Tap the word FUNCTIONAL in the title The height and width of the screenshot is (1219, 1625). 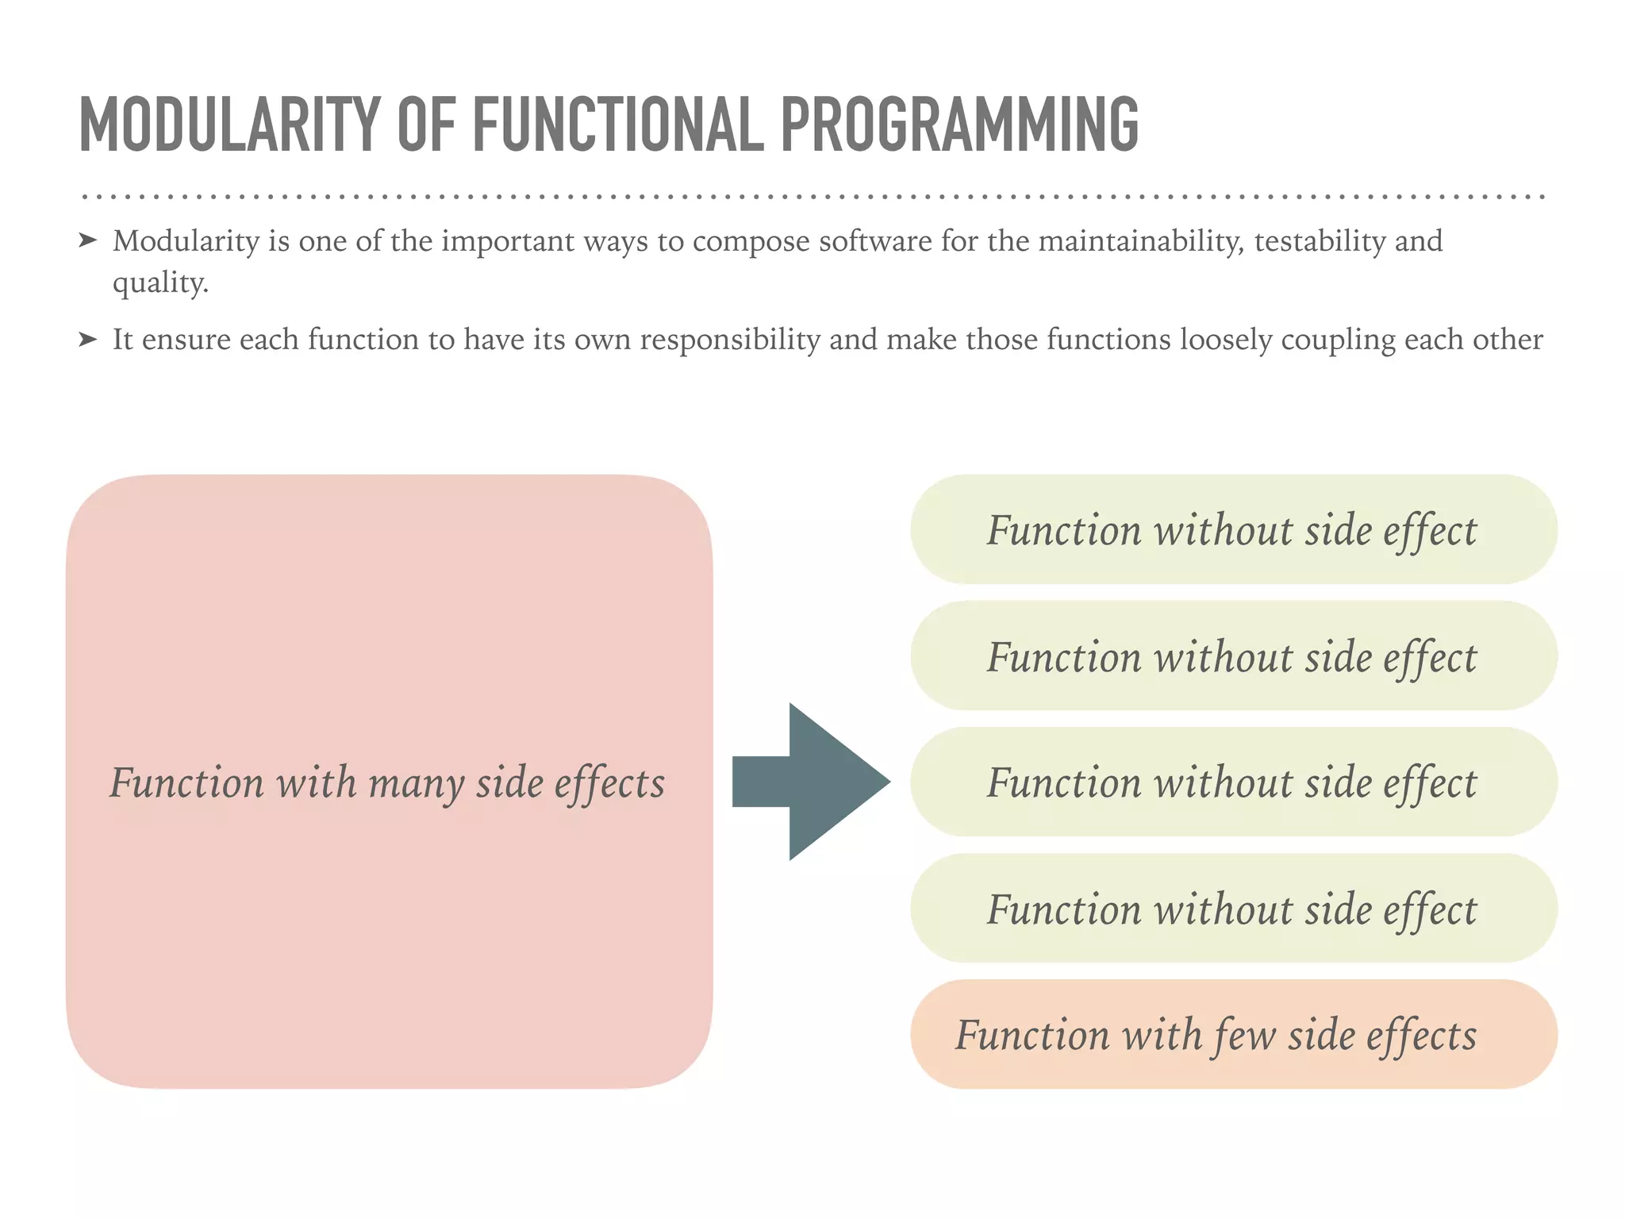pyautogui.click(x=618, y=125)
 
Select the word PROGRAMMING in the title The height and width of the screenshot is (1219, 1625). pyautogui.click(x=959, y=125)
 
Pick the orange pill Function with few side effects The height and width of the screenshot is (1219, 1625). pyautogui.click(x=1233, y=1034)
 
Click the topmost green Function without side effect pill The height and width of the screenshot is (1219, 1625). pyautogui.click(x=1233, y=529)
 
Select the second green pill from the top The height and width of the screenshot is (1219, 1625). pyautogui.click(x=1233, y=656)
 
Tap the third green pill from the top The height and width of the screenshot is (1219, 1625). pyautogui.click(x=1233, y=782)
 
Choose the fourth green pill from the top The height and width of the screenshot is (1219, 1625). pyautogui.click(x=1233, y=908)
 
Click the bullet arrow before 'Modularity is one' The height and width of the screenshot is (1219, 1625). pyautogui.click(x=88, y=240)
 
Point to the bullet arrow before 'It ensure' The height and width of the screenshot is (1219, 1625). pyautogui.click(x=88, y=340)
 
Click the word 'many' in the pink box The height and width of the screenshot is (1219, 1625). pyautogui.click(x=416, y=784)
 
